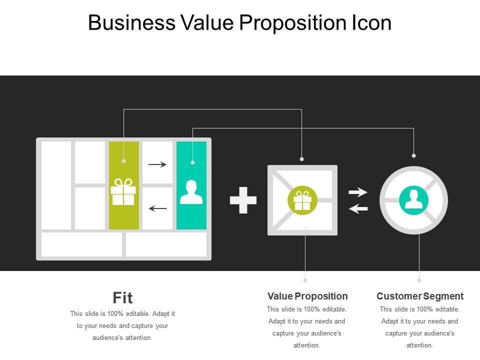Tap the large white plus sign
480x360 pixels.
[243, 200]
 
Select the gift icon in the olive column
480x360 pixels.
[123, 192]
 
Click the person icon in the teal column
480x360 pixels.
[191, 192]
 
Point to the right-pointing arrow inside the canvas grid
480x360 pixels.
[157, 164]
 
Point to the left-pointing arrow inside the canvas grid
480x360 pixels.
[157, 208]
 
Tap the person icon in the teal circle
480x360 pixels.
[413, 199]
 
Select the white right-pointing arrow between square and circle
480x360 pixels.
[358, 192]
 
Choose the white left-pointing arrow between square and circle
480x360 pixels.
[358, 208]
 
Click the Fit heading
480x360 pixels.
[123, 298]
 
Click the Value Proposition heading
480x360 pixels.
[307, 296]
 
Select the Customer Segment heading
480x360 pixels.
[420, 296]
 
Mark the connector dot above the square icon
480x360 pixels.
[302, 159]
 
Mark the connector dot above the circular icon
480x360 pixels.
[413, 155]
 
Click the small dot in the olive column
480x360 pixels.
[124, 161]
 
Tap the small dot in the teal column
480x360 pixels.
[192, 162]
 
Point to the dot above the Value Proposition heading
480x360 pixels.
[305, 280]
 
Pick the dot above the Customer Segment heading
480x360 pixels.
[419, 280]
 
